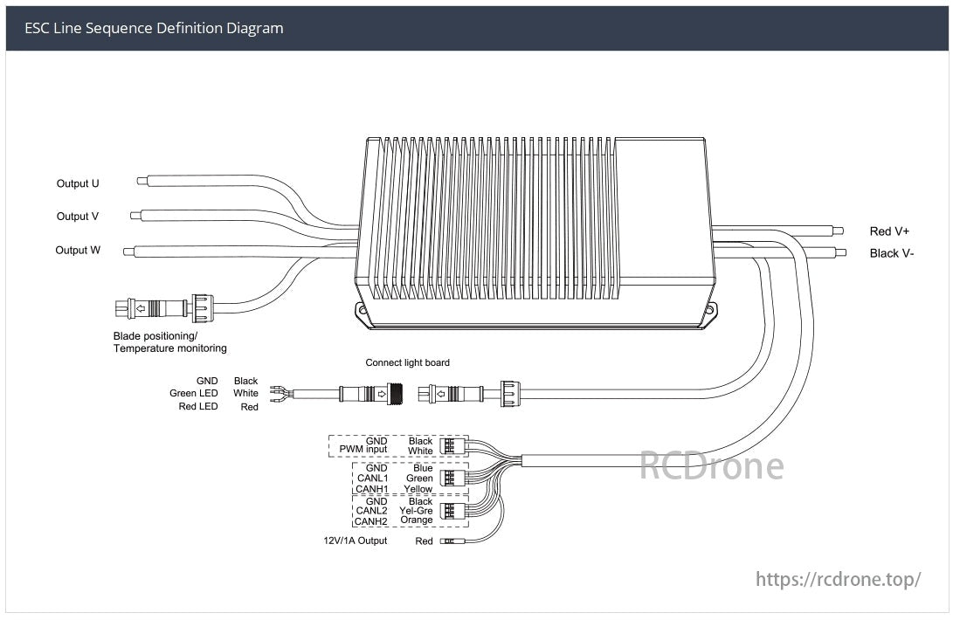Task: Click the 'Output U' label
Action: coord(78,183)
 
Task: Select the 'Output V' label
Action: coord(78,216)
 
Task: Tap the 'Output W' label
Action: coord(78,250)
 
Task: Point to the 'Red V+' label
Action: coord(889,231)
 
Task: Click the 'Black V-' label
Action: coord(891,253)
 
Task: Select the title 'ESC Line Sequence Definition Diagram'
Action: coord(154,28)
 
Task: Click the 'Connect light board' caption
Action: coord(407,362)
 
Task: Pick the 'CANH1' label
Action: coord(371,489)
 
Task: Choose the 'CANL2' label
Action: coord(371,510)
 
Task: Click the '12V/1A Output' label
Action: coord(356,541)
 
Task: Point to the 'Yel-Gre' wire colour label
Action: coord(416,510)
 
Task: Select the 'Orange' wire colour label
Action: coord(417,520)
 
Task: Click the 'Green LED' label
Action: coord(194,393)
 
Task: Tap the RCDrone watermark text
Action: coord(711,465)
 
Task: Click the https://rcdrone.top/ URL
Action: coord(838,579)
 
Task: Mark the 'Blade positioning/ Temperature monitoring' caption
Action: coord(169,341)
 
